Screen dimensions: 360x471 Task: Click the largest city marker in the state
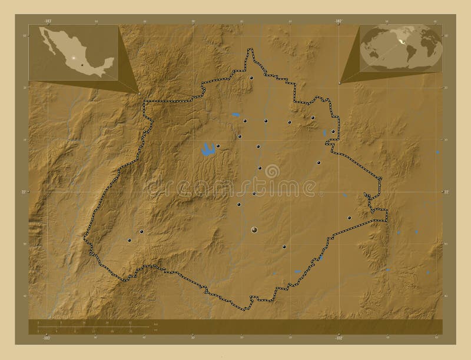click(x=254, y=229)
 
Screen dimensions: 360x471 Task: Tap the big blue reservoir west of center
click(x=207, y=150)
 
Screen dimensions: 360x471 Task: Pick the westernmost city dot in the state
click(x=129, y=239)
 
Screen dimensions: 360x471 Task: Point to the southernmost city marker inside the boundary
click(x=284, y=247)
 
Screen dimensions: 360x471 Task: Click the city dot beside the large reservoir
click(x=218, y=146)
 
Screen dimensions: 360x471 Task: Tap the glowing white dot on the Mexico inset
click(x=73, y=58)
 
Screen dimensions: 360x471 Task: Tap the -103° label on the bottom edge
click(x=47, y=338)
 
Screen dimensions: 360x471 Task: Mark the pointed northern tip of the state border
click(x=253, y=51)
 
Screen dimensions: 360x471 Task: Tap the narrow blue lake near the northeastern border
click(x=324, y=135)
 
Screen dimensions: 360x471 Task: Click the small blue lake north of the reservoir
click(x=235, y=114)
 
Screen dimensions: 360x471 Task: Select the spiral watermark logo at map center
click(x=272, y=171)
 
